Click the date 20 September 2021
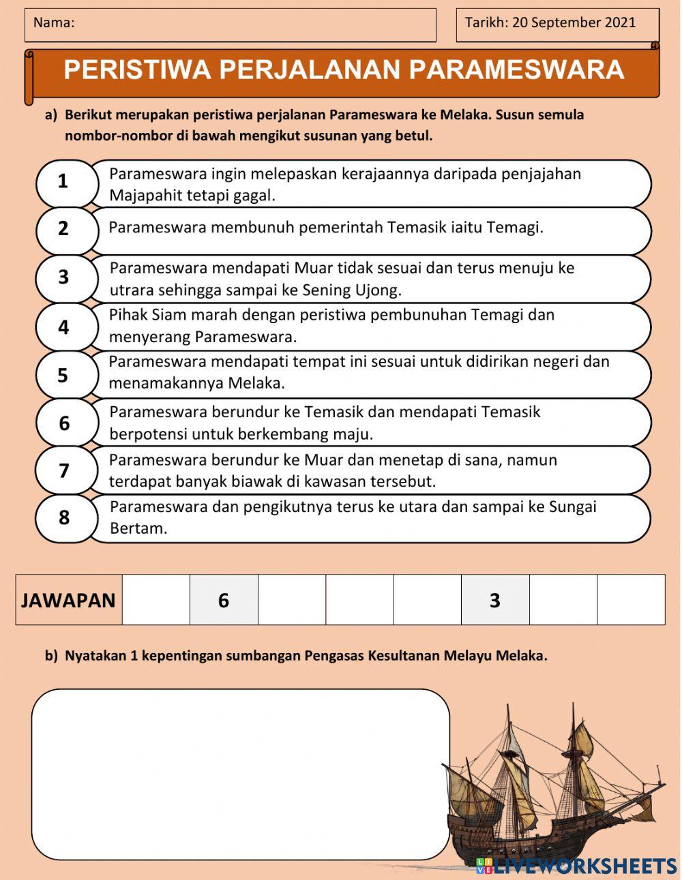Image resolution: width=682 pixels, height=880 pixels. [x=574, y=22]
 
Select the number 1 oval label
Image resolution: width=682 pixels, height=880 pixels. [x=63, y=182]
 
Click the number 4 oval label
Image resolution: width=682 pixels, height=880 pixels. [x=63, y=327]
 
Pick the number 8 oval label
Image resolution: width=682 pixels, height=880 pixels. [x=63, y=518]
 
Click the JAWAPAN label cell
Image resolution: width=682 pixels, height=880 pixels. [x=68, y=600]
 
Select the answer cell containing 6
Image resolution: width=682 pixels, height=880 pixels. [x=224, y=600]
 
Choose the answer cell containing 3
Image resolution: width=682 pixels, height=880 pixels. [x=495, y=600]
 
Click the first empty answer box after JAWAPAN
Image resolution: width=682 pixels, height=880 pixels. [x=155, y=600]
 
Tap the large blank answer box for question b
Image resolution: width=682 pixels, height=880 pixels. [x=240, y=774]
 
